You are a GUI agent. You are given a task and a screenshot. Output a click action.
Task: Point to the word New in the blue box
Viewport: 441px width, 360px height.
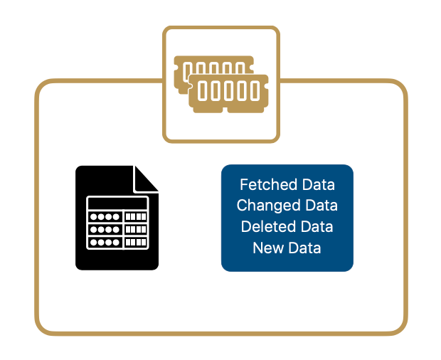coord(267,248)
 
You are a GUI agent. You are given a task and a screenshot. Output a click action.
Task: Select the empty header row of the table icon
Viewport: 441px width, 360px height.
coord(117,202)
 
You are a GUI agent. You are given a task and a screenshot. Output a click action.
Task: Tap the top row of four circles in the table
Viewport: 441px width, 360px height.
coord(105,216)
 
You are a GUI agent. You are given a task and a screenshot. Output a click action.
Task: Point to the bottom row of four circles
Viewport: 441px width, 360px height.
coord(105,242)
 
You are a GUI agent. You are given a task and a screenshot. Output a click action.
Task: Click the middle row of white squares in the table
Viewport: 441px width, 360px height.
coord(136,229)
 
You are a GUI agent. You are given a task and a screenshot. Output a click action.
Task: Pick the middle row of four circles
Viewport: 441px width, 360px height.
coord(105,229)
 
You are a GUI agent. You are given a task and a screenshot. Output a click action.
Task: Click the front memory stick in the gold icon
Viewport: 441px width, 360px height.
coord(228,92)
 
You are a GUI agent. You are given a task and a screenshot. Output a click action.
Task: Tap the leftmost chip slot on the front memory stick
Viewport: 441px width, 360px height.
coord(203,90)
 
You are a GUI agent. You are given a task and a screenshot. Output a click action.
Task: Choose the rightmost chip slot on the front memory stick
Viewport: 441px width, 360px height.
coord(255,90)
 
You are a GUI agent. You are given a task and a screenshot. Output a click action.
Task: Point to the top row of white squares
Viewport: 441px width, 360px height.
coord(136,216)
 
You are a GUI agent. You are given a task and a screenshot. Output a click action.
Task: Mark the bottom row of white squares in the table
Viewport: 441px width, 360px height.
coord(136,242)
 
